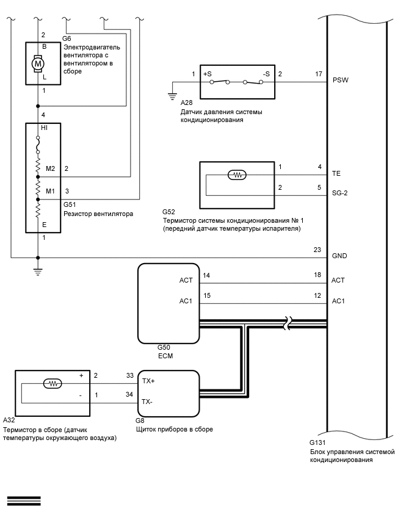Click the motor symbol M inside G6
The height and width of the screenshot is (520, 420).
point(38,63)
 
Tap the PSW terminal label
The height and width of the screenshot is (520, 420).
point(341,80)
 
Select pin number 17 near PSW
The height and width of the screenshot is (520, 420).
point(319,74)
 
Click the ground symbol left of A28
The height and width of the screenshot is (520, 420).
point(172,96)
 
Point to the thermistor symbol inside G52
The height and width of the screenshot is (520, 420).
point(237,175)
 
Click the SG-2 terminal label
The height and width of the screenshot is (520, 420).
point(339,193)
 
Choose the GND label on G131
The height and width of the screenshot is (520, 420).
point(339,256)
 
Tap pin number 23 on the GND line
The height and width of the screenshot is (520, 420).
point(317,250)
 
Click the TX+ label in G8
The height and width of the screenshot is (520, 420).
point(148,381)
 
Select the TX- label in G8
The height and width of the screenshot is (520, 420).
point(147,402)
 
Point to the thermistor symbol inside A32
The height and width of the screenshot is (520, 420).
point(52,384)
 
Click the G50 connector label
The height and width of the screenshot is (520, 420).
point(164,347)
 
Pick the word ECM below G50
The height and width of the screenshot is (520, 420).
point(165,356)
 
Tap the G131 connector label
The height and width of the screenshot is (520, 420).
point(317,442)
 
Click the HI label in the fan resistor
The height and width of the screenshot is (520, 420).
point(44,128)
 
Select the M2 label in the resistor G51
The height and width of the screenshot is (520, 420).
point(51,168)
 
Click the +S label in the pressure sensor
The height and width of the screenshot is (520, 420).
point(208,74)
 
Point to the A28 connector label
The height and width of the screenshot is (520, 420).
point(186,103)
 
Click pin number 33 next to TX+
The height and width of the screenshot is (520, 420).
point(129,375)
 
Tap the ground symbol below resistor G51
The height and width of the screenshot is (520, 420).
point(38,272)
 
